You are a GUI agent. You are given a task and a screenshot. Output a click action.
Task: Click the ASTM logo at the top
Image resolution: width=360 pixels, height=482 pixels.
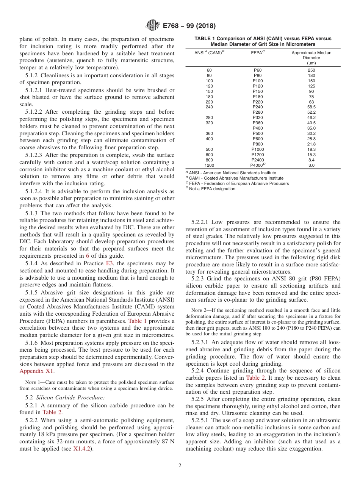[x=153, y=26]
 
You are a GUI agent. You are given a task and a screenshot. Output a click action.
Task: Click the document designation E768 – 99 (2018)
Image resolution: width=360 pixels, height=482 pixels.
[x=189, y=26]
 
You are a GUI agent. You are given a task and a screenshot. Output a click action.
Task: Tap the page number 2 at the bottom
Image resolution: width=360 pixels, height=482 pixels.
[x=180, y=466]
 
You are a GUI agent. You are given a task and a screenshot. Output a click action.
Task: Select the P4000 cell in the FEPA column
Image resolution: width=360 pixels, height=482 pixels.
[x=258, y=165]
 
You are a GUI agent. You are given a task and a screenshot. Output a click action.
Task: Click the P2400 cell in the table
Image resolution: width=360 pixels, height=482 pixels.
[x=258, y=160]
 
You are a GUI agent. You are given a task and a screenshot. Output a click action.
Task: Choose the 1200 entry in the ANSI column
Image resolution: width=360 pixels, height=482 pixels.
[x=209, y=165]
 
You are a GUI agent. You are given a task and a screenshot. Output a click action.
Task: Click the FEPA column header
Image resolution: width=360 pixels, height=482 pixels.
[x=258, y=53]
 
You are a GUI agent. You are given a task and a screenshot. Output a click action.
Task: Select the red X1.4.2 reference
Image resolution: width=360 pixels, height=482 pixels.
[x=83, y=449]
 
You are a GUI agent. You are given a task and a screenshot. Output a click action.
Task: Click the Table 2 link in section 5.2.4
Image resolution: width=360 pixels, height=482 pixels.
[x=253, y=377]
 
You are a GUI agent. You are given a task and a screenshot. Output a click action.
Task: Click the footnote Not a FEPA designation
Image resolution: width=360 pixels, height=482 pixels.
[x=212, y=189]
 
